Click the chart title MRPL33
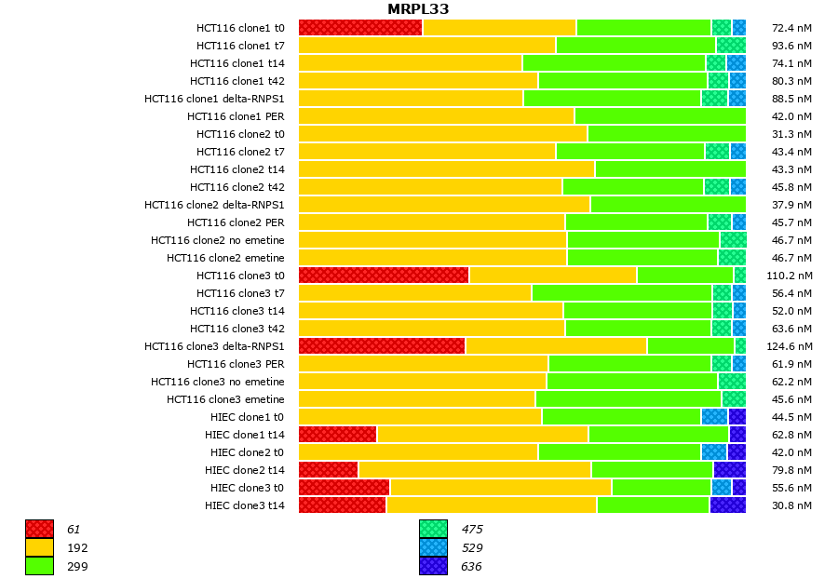418,9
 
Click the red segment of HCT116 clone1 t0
360,28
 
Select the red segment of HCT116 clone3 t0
384,276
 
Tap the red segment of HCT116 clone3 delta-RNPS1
382,346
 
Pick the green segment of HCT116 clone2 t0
666,134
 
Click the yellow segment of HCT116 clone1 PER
436,116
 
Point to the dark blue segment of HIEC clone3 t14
727,505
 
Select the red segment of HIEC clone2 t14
329,470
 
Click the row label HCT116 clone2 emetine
225,258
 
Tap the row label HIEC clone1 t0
244,417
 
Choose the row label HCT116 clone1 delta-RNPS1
214,99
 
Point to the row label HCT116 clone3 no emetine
218,382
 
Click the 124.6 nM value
791,346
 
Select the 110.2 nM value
791,276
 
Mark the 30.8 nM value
793,505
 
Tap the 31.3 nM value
793,134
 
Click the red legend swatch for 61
39,529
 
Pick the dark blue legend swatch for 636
433,566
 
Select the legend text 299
77,566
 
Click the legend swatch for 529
433,547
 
